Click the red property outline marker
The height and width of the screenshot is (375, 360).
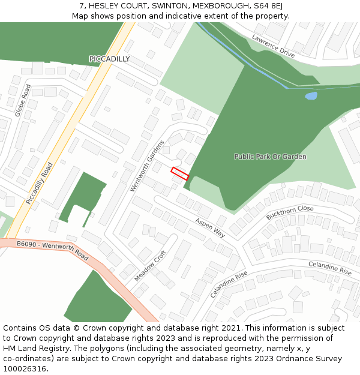click(180, 173)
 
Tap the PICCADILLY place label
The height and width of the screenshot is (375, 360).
click(109, 59)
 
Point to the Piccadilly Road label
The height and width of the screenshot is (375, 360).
click(40, 183)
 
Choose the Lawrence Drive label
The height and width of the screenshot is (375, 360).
click(273, 46)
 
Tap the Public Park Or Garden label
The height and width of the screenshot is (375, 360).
click(270, 157)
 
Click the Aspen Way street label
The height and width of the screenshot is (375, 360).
click(210, 227)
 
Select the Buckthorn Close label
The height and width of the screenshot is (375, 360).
click(290, 212)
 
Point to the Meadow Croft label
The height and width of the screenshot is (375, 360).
click(150, 266)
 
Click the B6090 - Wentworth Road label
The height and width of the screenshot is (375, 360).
click(53, 250)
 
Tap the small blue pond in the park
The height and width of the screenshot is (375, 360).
click(311, 95)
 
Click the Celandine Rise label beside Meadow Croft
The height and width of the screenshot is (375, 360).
click(229, 284)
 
